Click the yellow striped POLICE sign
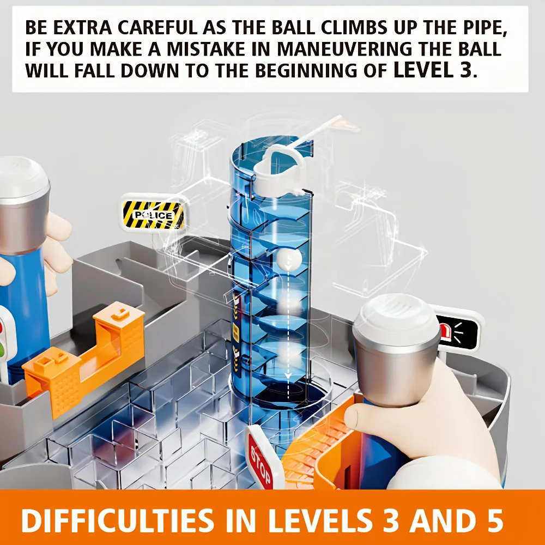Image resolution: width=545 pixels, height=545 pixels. pos(153,214)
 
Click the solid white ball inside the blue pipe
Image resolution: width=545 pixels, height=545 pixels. pos(289,259)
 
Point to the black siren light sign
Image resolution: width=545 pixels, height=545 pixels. pos(457,331)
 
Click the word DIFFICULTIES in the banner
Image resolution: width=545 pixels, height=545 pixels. pos(118,520)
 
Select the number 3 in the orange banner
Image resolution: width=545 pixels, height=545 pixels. pos(390,520)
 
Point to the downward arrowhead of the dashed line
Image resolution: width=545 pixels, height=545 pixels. pos(288,375)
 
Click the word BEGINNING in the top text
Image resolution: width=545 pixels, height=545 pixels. pos(305,70)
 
